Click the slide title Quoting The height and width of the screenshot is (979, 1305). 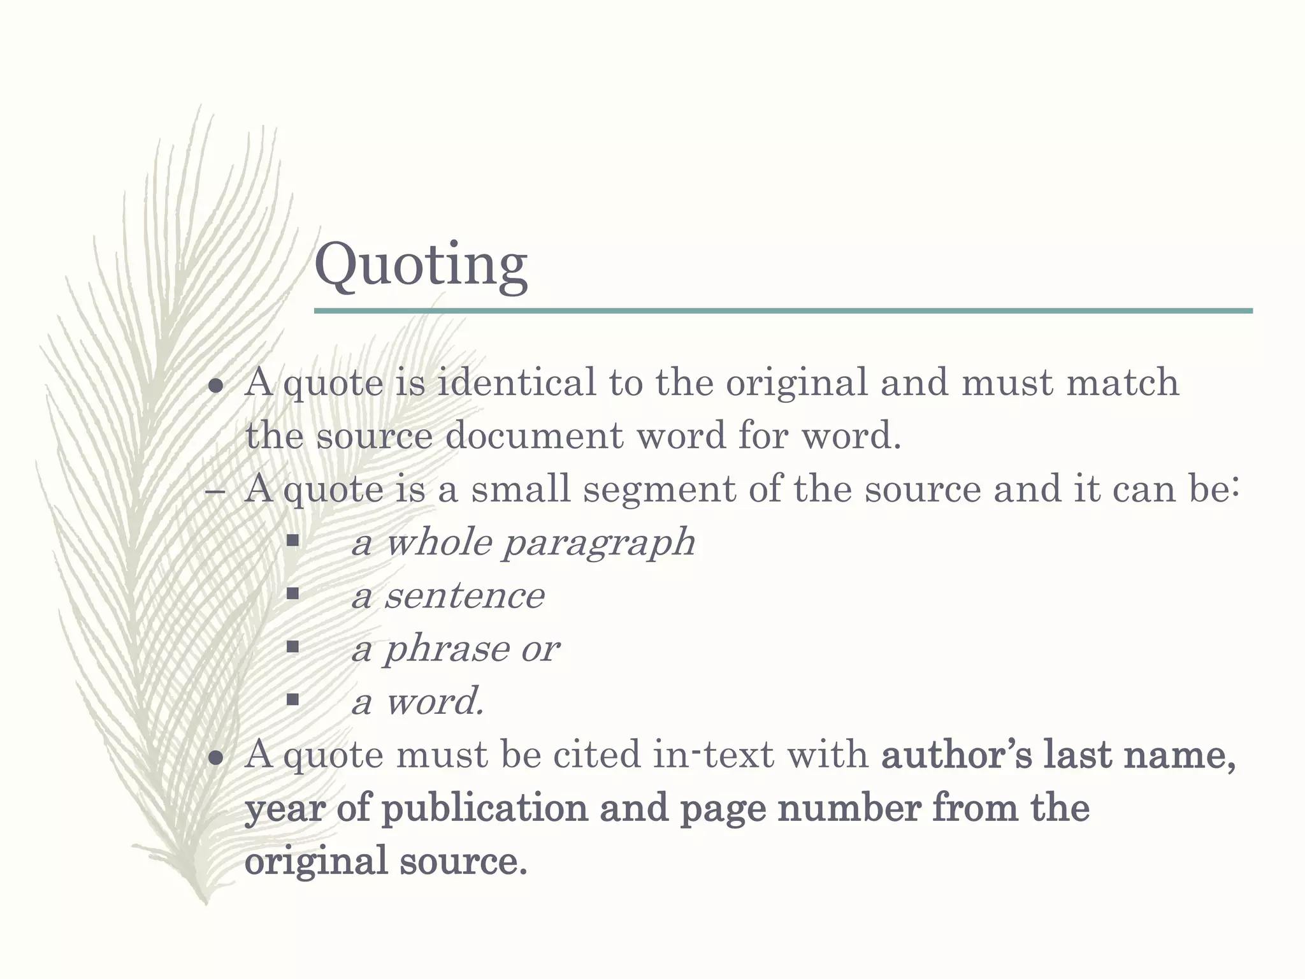tap(421, 265)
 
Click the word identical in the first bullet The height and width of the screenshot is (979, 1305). tap(516, 382)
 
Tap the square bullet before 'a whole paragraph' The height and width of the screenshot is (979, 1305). tap(292, 541)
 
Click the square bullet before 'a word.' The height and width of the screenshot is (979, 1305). tap(292, 700)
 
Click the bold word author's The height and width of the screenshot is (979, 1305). tap(956, 755)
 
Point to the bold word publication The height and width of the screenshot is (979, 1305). tap(484, 808)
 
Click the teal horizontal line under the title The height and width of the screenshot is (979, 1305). tap(782, 311)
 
